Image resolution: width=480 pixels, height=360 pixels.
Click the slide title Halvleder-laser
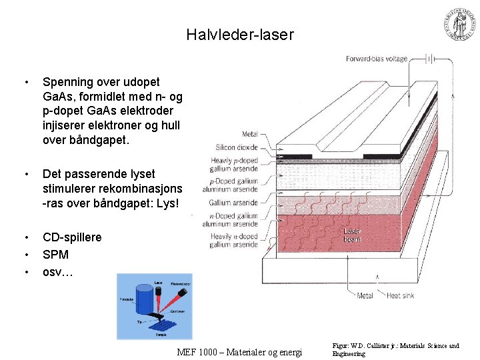click(240, 35)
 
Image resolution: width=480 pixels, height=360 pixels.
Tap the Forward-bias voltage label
click(376, 59)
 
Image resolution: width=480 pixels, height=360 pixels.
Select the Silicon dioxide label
click(237, 147)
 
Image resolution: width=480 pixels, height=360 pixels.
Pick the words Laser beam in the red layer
click(352, 235)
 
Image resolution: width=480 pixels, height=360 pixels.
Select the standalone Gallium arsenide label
click(233, 203)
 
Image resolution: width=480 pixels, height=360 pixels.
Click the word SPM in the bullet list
click(55, 255)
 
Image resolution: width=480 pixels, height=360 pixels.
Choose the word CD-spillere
click(72, 237)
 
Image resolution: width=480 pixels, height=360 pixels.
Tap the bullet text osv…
click(58, 272)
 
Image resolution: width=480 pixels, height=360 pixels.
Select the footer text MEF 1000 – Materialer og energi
click(240, 352)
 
